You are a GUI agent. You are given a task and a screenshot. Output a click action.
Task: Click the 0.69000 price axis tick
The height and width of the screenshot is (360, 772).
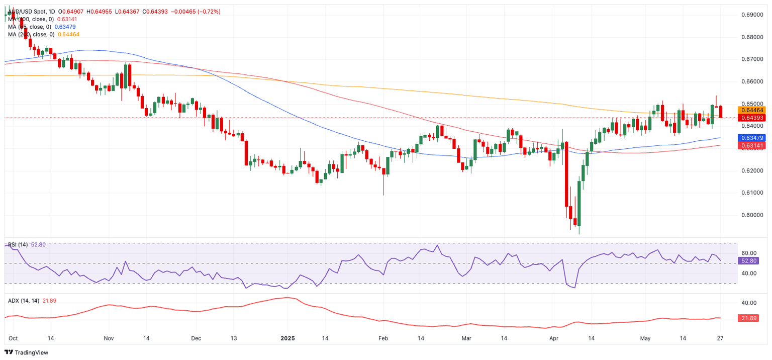pos(753,15)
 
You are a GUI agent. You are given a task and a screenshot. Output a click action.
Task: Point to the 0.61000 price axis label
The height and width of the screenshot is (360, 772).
pos(753,193)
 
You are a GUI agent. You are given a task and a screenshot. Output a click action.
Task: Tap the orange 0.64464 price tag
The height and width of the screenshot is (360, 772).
pos(751,110)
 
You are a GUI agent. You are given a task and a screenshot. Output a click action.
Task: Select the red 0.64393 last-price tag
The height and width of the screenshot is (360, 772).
pos(751,118)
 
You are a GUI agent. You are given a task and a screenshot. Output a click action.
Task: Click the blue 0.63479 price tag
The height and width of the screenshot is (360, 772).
pos(751,138)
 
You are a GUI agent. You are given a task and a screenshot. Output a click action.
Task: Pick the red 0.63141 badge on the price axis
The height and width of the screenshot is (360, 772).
pos(751,146)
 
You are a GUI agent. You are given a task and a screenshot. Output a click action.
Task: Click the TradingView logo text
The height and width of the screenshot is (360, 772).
pos(31,352)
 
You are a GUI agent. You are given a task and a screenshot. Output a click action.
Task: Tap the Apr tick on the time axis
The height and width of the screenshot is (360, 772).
pos(554,338)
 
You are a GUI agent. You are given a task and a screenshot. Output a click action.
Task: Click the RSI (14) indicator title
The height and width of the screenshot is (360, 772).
pos(18,245)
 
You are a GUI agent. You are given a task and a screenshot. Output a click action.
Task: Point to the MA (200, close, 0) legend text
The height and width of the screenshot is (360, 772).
pos(31,34)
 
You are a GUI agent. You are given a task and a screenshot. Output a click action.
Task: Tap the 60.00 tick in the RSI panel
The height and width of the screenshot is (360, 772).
pos(749,253)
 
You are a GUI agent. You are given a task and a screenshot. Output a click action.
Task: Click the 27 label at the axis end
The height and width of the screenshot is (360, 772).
pos(720,338)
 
